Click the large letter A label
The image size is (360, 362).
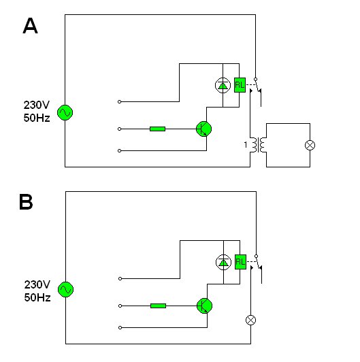tap(30, 26)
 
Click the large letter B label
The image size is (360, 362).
tap(26, 202)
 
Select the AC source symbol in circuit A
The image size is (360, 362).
tap(65, 112)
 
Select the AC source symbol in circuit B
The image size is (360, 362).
tap(65, 289)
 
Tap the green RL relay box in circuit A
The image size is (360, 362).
tap(240, 85)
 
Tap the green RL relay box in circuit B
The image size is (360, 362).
tap(240, 262)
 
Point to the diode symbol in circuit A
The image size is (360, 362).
tap(223, 86)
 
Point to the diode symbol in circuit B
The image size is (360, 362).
tap(223, 262)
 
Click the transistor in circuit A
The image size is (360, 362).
tap(203, 129)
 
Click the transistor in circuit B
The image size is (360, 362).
tap(204, 306)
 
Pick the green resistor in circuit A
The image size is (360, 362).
tap(157, 129)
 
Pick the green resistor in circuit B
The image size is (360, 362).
tap(158, 306)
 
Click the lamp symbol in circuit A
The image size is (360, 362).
tap(310, 145)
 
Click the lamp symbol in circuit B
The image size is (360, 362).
tap(251, 320)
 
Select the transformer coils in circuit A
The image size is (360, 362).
tap(259, 145)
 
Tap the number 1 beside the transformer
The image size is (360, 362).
tap(246, 145)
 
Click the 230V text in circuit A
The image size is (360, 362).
tap(37, 105)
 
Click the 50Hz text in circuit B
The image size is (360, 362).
tap(37, 297)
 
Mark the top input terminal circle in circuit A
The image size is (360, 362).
tap(119, 101)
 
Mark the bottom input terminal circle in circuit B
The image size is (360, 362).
tap(120, 327)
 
